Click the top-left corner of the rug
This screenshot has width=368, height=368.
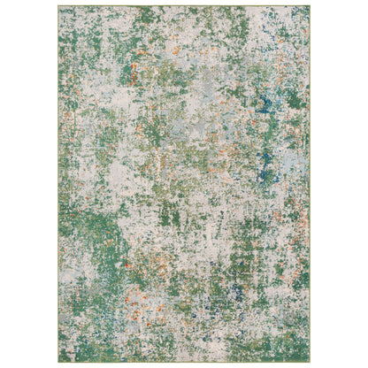[59, 7]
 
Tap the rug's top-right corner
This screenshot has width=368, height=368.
[310, 7]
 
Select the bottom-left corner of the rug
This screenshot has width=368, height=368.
[59, 361]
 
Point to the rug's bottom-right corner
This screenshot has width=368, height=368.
[310, 361]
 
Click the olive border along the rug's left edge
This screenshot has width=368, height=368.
[59, 177]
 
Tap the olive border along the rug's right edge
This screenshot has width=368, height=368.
[310, 177]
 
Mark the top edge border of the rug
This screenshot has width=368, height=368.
[184, 7]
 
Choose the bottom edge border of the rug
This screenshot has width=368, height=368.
[184, 361]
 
